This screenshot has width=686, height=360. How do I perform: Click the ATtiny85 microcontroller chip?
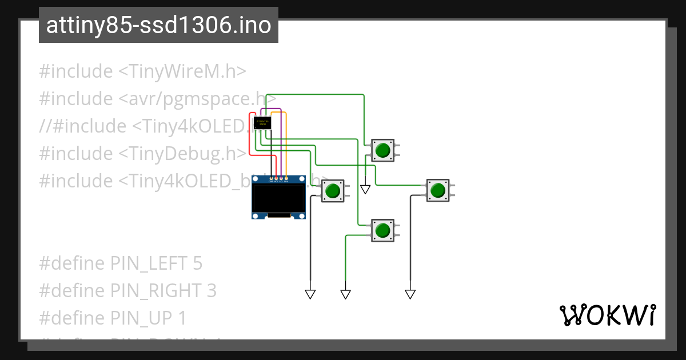[262, 122]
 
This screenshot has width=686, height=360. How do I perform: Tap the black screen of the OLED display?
[278, 198]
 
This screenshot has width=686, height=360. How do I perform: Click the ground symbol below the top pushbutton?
[365, 190]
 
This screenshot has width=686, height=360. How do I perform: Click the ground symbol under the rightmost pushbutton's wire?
[410, 294]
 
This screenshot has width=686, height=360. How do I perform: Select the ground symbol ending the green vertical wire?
[345, 294]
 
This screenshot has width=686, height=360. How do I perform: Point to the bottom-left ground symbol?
[310, 294]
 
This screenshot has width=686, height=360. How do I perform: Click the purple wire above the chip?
[271, 109]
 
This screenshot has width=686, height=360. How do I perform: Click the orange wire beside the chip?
[286, 143]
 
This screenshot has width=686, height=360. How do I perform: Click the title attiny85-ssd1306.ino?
[158, 25]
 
